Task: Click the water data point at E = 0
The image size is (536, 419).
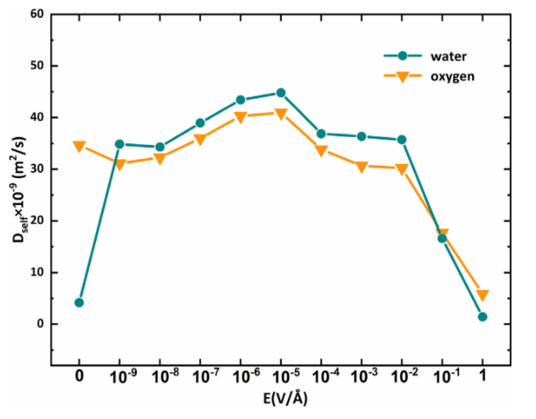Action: coord(79,303)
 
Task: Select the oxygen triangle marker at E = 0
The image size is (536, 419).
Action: coord(79,147)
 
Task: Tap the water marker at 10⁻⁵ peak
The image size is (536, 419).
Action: coord(280,93)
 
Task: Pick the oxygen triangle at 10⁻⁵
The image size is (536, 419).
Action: coord(280,113)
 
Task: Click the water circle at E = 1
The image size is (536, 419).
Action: coord(482,317)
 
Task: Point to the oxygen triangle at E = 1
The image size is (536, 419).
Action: coord(482,295)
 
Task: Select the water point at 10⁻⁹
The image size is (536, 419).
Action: coord(120,144)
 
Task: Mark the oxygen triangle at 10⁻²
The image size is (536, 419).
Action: coord(402,169)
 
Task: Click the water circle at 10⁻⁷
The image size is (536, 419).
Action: coord(200,123)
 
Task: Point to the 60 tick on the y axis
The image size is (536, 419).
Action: coord(38,14)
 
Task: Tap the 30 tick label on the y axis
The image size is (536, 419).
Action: coord(38,169)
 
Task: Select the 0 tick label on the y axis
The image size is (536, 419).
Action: coord(40,324)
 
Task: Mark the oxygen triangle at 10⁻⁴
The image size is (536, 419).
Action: coord(320,151)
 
